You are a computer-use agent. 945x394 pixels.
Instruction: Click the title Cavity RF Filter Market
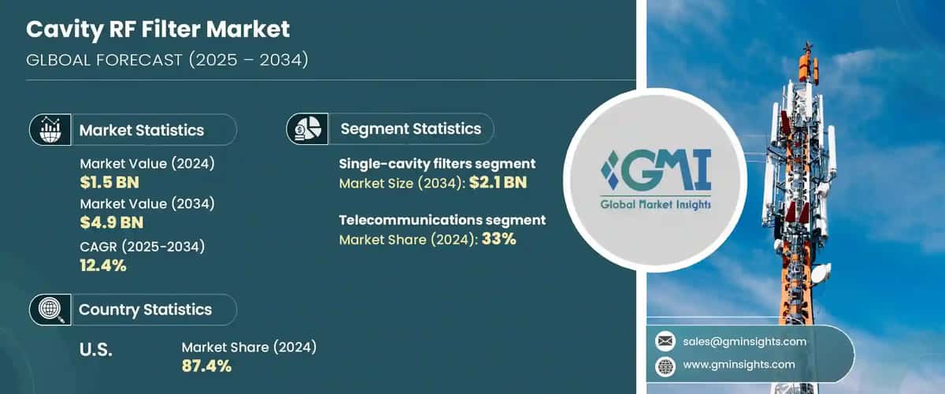(x=158, y=30)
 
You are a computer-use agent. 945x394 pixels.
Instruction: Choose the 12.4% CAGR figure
(x=103, y=265)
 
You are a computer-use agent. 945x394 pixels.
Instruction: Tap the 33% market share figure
(x=498, y=238)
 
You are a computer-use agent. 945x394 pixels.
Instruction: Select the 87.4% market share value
(x=206, y=365)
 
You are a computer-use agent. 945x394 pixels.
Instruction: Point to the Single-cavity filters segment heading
(x=437, y=164)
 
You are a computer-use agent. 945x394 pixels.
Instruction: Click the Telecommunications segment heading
(x=443, y=220)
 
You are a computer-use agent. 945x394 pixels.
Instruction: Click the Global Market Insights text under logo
(x=655, y=204)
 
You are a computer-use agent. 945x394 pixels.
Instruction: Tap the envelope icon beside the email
(x=665, y=341)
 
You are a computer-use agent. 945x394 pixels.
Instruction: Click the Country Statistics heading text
(x=145, y=310)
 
